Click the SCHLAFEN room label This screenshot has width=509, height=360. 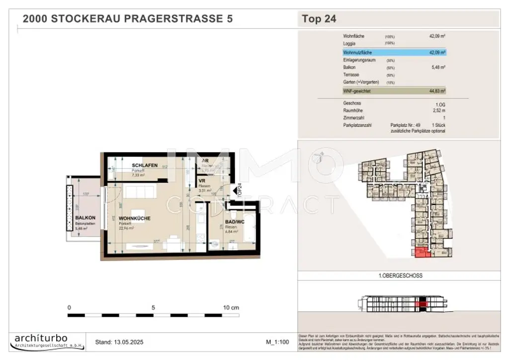tap(145, 165)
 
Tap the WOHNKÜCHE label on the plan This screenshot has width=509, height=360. tap(134, 218)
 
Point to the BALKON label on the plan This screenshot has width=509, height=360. tap(85, 218)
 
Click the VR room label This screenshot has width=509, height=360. tap(202, 181)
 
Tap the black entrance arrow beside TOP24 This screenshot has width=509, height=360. tap(235, 191)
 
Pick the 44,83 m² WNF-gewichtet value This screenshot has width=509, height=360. tap(437, 91)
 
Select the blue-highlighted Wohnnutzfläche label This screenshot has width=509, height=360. tap(357, 52)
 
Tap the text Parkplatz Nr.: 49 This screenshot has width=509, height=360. tap(406, 125)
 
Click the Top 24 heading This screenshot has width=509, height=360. tap(319, 19)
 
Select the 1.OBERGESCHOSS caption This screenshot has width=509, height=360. tap(400, 275)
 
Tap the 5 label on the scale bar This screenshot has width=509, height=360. tap(154, 308)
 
